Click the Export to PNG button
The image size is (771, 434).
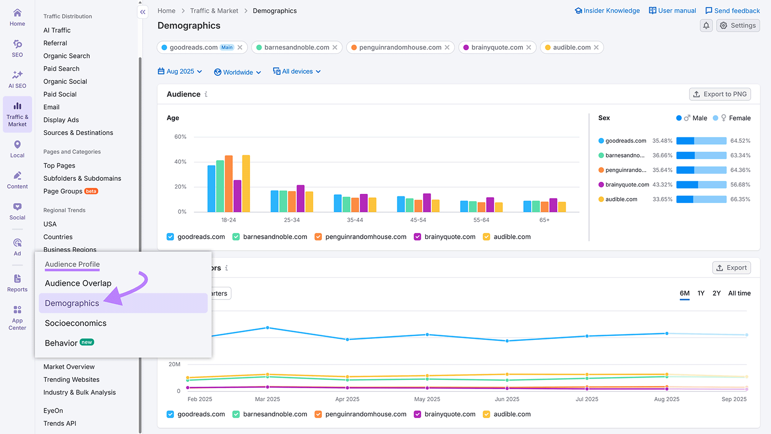[x=720, y=94]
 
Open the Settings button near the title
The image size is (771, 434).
[x=738, y=26]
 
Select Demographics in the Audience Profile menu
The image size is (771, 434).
[x=72, y=303]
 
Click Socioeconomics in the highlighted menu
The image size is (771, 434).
[x=76, y=323]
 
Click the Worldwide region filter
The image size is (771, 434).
[x=238, y=72]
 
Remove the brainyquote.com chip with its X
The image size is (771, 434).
[x=529, y=47]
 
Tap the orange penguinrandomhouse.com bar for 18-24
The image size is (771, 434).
[x=229, y=184]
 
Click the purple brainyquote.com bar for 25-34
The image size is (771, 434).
[x=301, y=199]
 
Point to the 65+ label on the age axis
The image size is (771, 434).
[x=545, y=220]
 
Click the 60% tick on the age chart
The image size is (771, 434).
[x=180, y=137]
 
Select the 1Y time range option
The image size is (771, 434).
[x=701, y=293]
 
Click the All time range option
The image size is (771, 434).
[x=739, y=293]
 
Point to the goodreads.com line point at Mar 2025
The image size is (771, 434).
[x=267, y=328]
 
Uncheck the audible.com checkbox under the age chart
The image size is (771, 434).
[x=487, y=237]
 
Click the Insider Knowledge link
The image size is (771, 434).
[x=607, y=11]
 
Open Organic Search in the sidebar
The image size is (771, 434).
[x=66, y=56]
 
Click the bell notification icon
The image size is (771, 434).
[x=706, y=26]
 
